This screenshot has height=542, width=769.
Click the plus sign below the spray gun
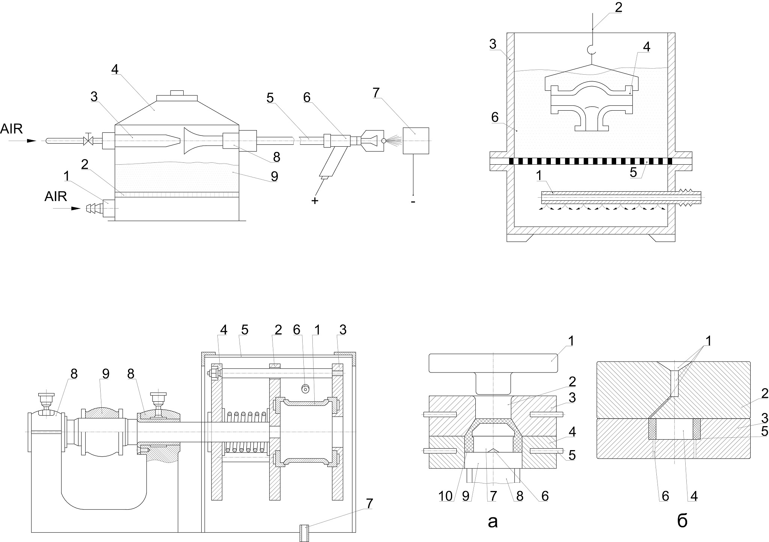[315, 201]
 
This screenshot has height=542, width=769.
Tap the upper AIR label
[12, 129]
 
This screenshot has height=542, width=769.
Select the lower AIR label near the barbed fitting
[56, 196]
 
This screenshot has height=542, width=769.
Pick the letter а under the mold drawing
[492, 521]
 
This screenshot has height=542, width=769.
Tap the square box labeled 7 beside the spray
[416, 141]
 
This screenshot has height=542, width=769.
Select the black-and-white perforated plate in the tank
[591, 161]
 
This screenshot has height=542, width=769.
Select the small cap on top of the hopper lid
[176, 93]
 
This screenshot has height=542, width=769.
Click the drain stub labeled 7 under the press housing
[305, 533]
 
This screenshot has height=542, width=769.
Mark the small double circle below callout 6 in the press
[306, 389]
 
